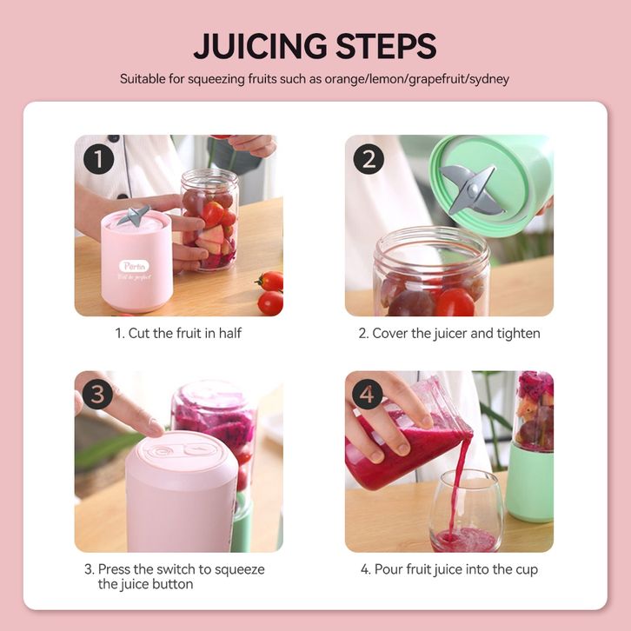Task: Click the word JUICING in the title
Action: [x=260, y=46]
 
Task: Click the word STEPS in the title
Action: [x=386, y=46]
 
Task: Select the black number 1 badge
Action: [x=98, y=159]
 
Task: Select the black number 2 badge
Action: [x=369, y=159]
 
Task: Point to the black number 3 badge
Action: [x=98, y=394]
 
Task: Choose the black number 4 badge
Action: [x=367, y=394]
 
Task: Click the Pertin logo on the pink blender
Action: [x=134, y=266]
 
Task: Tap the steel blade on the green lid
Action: [x=472, y=189]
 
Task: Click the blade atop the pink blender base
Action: [x=134, y=216]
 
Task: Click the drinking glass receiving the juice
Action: [x=467, y=511]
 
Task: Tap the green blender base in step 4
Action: [x=530, y=483]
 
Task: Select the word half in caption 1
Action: [x=229, y=333]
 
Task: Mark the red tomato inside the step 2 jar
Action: [x=455, y=302]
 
